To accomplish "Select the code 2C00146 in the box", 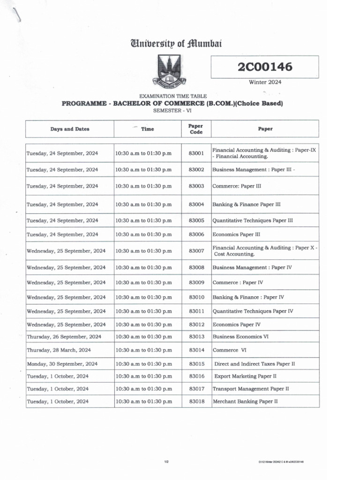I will (x=265, y=67).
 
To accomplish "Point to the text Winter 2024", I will (x=265, y=82).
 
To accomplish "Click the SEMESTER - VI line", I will (x=172, y=111).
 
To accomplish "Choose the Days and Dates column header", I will (x=70, y=129).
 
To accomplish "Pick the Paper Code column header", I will (x=195, y=129).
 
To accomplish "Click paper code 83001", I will (x=196, y=153).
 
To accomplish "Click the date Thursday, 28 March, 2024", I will (x=59, y=350).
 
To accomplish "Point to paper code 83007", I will (x=196, y=251).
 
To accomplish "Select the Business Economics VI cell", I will (x=240, y=337).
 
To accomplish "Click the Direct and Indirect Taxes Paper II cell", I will (x=255, y=364).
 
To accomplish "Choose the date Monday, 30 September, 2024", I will (x=62, y=364).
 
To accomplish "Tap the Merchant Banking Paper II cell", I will (x=245, y=401).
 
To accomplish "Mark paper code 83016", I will (x=196, y=376).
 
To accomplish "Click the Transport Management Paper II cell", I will (x=251, y=389).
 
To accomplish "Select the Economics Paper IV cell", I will (x=237, y=324).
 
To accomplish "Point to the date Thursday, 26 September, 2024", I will (x=64, y=337).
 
